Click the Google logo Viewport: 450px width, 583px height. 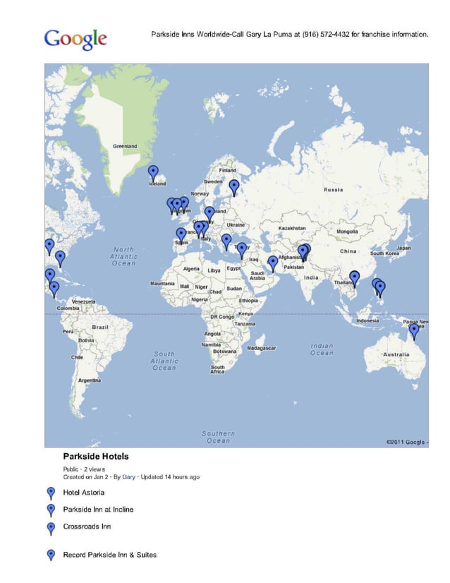75,40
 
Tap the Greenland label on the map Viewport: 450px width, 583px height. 125,146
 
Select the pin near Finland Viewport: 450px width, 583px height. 234,186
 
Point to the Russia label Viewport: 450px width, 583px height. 334,190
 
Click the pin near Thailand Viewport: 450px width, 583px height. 354,277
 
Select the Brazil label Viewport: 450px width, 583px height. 100,327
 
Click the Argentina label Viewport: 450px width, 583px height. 90,380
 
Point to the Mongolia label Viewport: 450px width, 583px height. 347,231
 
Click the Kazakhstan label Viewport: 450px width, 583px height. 292,228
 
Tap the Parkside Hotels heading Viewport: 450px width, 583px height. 96,457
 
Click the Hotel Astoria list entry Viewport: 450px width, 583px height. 84,492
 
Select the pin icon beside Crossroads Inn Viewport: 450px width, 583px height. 51,527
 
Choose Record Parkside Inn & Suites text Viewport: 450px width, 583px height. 109,555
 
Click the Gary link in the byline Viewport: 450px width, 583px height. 128,476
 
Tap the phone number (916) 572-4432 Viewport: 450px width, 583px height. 326,34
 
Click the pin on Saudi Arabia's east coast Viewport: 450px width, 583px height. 273,263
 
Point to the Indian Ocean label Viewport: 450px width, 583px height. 322,349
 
